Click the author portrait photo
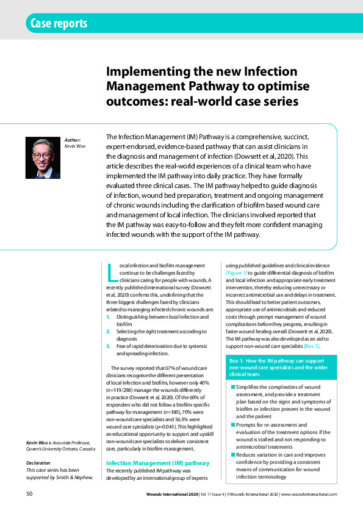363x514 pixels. (42, 157)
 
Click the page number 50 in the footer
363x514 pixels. (29, 493)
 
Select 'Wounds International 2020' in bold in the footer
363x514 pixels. (168, 494)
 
